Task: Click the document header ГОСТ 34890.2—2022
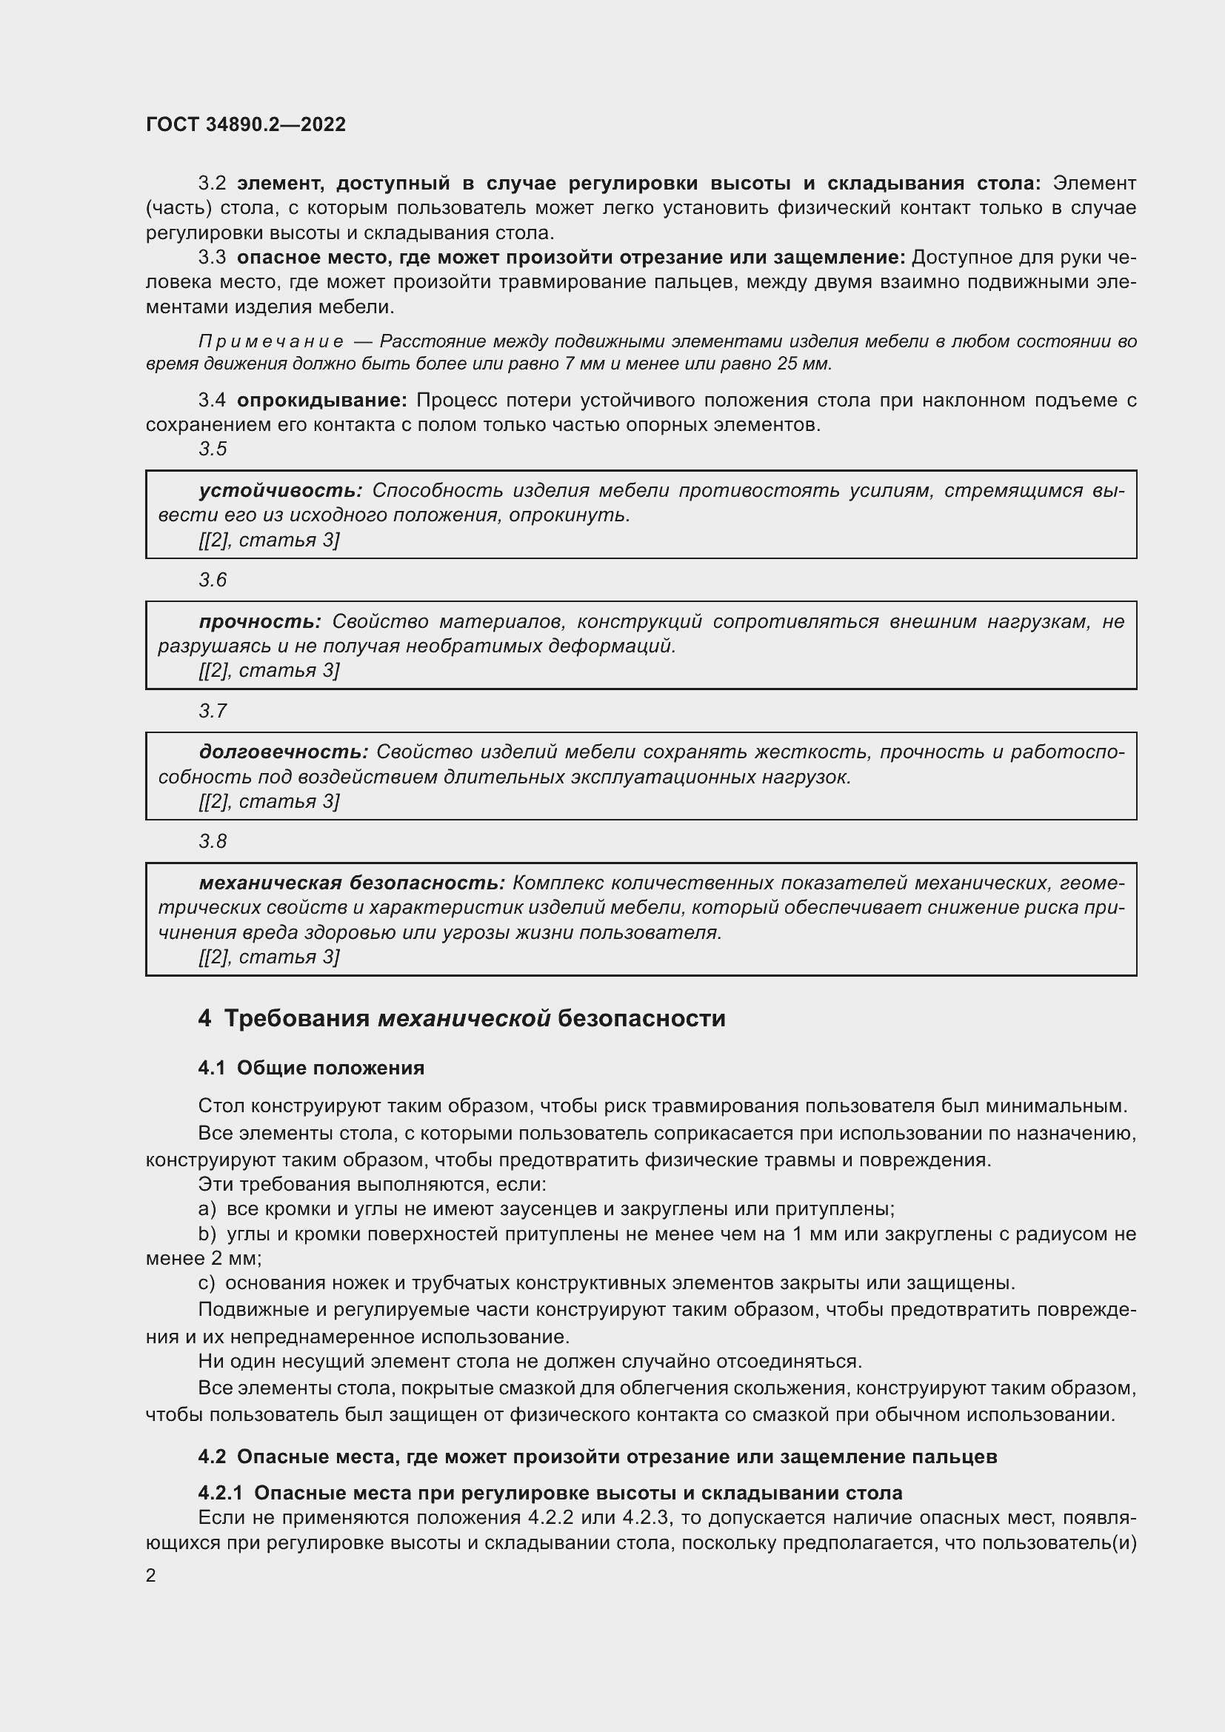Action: [x=245, y=124]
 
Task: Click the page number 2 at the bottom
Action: [x=151, y=1575]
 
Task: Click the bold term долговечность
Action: [x=284, y=752]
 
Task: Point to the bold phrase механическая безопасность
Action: [x=352, y=883]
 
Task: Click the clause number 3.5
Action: [x=213, y=449]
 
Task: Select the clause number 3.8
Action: [x=213, y=842]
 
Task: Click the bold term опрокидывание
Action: [x=322, y=401]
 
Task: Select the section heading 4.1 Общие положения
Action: [x=311, y=1069]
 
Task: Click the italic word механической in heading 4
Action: [x=464, y=1019]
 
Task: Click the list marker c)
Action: [x=207, y=1283]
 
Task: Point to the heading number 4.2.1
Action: [x=220, y=1494]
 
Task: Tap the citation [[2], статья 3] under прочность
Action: [x=270, y=671]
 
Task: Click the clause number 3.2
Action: [x=212, y=184]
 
